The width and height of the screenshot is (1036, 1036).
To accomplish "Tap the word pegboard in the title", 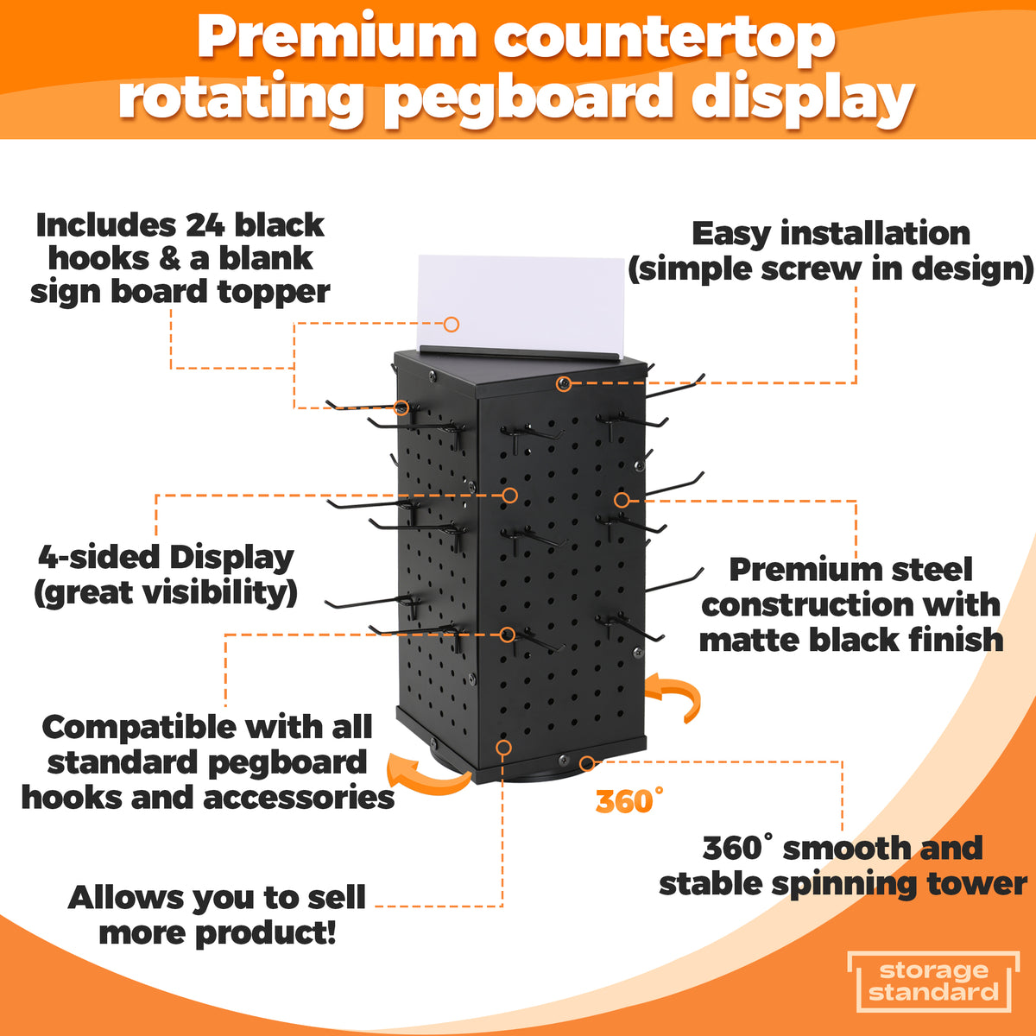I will tap(528, 97).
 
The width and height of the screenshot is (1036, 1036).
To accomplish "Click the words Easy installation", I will tap(831, 234).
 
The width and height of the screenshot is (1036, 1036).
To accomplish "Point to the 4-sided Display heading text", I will tap(166, 558).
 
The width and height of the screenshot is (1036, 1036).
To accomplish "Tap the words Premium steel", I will tap(850, 570).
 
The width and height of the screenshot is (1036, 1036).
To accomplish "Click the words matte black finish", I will tap(850, 640).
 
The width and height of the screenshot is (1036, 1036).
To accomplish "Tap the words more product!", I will tap(218, 933).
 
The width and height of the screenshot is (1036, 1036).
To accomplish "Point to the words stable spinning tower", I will tap(843, 884).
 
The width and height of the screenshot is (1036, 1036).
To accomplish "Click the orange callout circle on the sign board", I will tap(451, 325).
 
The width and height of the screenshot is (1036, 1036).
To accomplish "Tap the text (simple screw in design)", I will tap(831, 268).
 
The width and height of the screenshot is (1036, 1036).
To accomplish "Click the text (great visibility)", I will tap(166, 593).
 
